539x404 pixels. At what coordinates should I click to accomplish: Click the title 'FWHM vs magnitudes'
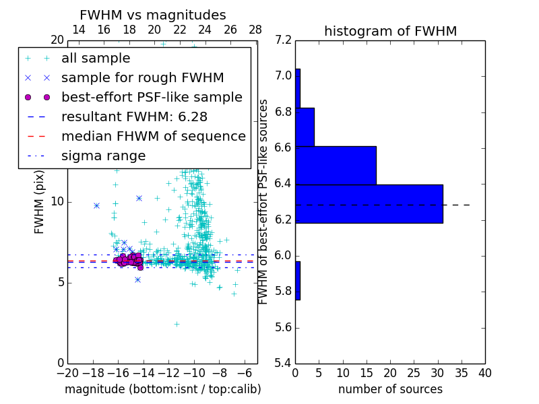[152, 15]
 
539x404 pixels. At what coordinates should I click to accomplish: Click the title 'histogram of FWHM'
[390, 31]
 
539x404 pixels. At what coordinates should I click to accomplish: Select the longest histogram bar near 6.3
[369, 203]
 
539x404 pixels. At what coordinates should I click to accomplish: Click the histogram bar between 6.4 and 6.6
[336, 165]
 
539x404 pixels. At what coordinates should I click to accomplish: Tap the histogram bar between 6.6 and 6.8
[305, 127]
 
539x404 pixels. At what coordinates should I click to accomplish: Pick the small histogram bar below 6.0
[298, 280]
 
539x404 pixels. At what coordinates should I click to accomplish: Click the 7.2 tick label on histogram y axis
[284, 40]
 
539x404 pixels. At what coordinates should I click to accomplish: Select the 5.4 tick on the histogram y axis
[284, 364]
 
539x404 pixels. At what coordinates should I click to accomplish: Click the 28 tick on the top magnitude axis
[255, 30]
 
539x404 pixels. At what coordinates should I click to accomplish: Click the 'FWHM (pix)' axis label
[40, 201]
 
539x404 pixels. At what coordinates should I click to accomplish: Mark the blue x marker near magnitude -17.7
[96, 205]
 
